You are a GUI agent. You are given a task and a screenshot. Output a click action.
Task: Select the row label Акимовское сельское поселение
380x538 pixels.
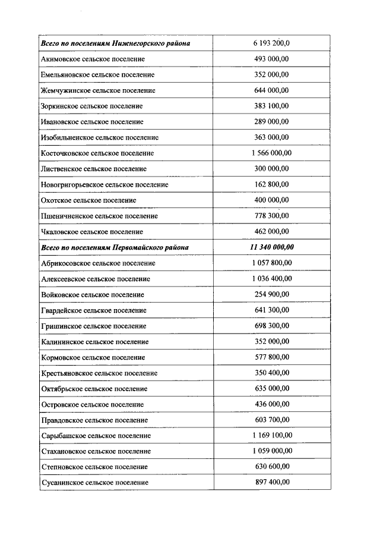click(93, 59)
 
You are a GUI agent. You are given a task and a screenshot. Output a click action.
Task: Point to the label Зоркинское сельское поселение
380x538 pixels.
click(92, 106)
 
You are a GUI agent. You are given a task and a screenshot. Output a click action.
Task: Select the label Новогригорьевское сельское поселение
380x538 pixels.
click(104, 184)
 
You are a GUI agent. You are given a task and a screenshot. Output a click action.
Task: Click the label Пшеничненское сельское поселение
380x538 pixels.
click(99, 216)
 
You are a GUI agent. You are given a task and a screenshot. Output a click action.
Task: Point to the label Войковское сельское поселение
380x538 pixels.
click(93, 294)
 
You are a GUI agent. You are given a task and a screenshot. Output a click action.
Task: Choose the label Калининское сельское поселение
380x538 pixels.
click(95, 342)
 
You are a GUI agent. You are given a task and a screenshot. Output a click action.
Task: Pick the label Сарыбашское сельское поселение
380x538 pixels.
click(96, 436)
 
